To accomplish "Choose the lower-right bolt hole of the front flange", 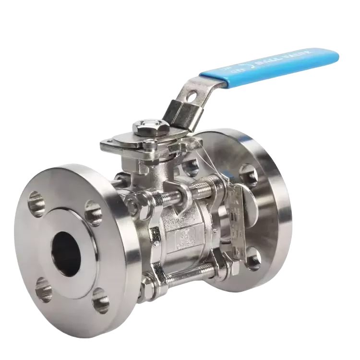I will coord(101,302).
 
